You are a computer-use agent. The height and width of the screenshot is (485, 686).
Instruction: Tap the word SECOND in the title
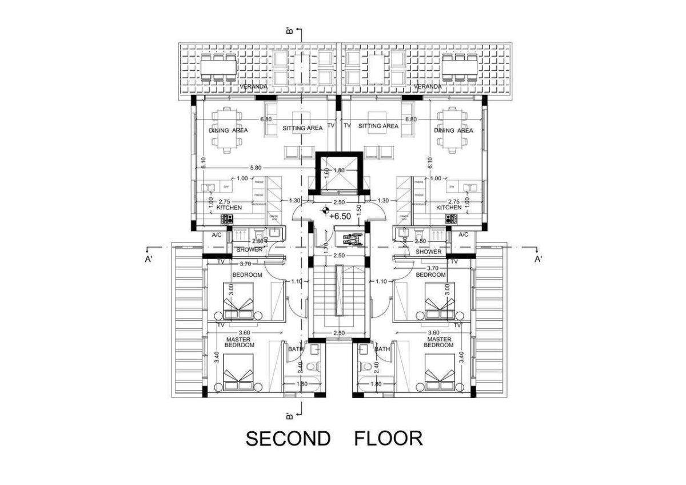tap(288, 439)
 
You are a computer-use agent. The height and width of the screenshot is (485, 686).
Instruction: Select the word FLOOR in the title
tap(388, 439)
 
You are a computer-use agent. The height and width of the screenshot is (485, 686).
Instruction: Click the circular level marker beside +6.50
tap(325, 210)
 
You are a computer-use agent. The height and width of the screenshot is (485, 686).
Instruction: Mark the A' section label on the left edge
tap(148, 259)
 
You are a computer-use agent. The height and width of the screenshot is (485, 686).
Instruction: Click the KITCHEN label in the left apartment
tap(229, 208)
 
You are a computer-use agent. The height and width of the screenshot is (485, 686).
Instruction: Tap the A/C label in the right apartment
tap(463, 234)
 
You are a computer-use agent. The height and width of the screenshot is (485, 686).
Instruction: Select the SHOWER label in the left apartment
tap(249, 250)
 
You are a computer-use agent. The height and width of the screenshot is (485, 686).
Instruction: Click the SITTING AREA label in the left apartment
tap(302, 128)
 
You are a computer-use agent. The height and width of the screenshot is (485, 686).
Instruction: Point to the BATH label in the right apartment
tap(382, 349)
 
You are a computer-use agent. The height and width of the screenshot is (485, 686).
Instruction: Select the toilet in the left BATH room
tap(311, 366)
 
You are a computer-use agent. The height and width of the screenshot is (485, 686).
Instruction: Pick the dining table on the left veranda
tap(218, 67)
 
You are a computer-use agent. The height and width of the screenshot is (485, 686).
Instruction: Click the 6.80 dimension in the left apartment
tap(265, 120)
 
